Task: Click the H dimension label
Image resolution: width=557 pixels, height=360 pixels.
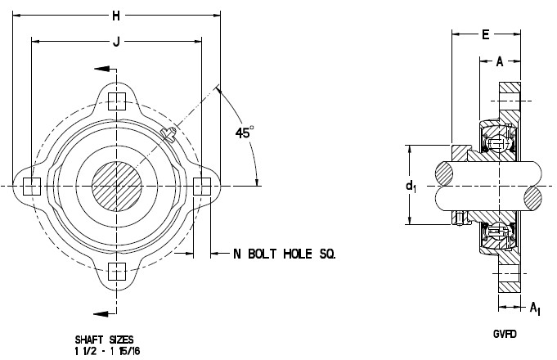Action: [x=116, y=16]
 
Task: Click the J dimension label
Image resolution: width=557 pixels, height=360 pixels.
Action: [x=116, y=42]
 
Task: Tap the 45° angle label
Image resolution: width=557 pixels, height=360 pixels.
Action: [x=245, y=133]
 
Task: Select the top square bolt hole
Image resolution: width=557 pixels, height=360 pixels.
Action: [x=117, y=101]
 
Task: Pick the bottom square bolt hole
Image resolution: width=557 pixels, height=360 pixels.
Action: [x=117, y=272]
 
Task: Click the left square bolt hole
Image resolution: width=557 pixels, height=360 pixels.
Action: [x=32, y=187]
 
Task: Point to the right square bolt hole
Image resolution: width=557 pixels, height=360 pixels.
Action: [x=202, y=187]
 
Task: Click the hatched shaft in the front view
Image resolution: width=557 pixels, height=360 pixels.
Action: [x=117, y=187]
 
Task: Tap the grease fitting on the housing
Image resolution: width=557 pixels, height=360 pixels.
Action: [x=168, y=134]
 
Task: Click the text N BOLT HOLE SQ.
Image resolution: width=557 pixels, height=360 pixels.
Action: [x=284, y=254]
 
